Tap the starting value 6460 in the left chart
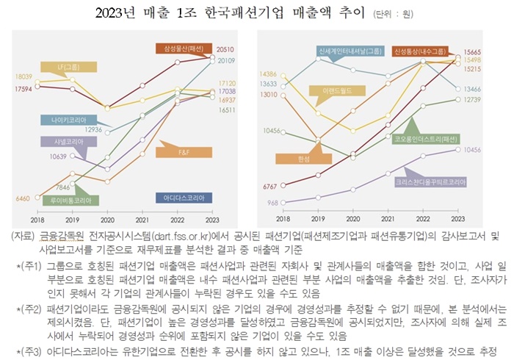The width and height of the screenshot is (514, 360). pos(21,198)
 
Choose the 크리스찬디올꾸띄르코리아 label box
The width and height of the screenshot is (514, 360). pos(424,180)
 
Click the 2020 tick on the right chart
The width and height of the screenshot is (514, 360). pos(351,219)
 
